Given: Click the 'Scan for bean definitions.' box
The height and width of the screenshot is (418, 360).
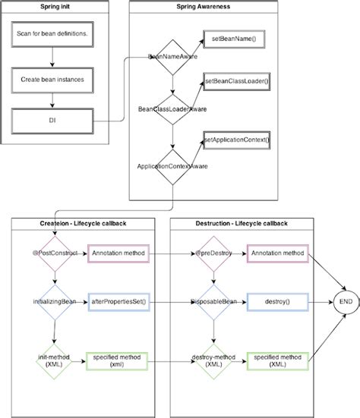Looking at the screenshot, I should pos(51,35).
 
